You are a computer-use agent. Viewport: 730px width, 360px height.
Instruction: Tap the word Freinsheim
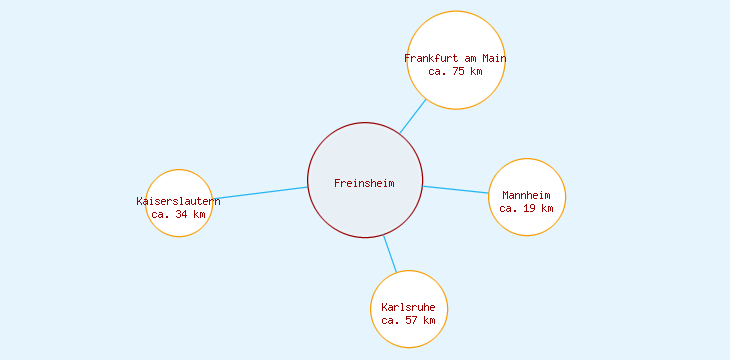[x=365, y=183]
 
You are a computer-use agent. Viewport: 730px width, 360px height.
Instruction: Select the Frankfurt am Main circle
[x=456, y=35]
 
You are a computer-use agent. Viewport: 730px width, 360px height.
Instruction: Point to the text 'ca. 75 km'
[x=456, y=71]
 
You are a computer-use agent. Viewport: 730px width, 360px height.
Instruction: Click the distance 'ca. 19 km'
[x=527, y=208]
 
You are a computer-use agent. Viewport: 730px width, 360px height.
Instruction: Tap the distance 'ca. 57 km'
[x=409, y=320]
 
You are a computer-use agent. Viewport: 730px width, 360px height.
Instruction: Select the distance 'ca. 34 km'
[x=179, y=214]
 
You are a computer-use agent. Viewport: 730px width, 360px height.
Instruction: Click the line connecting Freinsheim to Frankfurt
[x=413, y=116]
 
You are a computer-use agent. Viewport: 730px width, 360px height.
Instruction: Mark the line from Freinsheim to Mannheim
[x=455, y=189]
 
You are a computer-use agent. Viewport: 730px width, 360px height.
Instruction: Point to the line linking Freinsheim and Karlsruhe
[x=390, y=254]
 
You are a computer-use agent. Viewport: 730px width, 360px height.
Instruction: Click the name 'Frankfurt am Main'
[x=456, y=58]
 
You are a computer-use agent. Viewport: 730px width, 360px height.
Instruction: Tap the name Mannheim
[x=527, y=195]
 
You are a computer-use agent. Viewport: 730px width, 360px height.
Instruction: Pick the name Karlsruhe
[x=409, y=307]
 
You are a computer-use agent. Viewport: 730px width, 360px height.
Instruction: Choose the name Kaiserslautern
[x=179, y=201]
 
